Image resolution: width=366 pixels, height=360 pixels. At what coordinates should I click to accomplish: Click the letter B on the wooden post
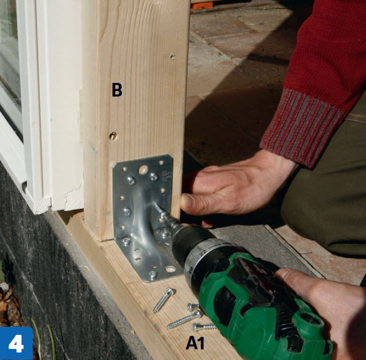[x=117, y=89]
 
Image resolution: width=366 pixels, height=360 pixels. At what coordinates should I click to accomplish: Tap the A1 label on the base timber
[x=195, y=343]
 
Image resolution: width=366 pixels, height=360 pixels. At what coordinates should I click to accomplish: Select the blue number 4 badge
[x=16, y=343]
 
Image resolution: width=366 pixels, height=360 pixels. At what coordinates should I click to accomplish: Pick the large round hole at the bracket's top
[x=143, y=169]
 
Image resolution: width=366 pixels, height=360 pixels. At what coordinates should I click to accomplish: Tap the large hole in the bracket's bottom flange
[x=170, y=269]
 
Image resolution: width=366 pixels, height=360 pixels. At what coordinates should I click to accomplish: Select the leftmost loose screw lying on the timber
[x=163, y=300]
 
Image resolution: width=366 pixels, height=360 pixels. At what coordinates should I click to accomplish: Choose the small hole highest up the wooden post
[x=172, y=57]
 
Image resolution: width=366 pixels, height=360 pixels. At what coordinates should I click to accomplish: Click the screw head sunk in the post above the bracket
[x=113, y=136]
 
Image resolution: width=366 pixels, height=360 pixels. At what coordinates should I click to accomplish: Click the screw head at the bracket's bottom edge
[x=153, y=275]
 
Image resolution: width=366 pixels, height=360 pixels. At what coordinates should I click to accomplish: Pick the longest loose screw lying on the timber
[x=185, y=319]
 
